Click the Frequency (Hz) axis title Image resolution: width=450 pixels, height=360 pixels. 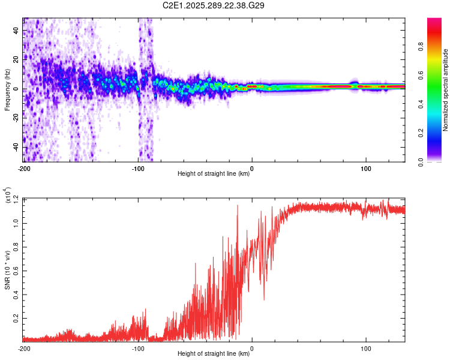pyautogui.click(x=7, y=90)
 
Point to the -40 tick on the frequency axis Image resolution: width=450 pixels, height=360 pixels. pyautogui.click(x=16, y=148)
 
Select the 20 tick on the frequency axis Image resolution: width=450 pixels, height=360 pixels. pyautogui.click(x=16, y=60)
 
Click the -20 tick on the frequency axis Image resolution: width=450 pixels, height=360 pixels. pyautogui.click(x=16, y=118)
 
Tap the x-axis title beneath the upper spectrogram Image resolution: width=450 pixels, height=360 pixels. pyautogui.click(x=214, y=175)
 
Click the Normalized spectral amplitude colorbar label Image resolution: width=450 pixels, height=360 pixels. pyautogui.click(x=446, y=90)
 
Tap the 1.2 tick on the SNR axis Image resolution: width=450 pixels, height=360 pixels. pyautogui.click(x=16, y=199)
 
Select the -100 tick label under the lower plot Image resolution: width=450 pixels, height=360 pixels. pyautogui.click(x=138, y=349)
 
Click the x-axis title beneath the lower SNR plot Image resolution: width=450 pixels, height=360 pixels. pyautogui.click(x=214, y=355)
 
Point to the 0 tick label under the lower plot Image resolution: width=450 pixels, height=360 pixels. pyautogui.click(x=252, y=349)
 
